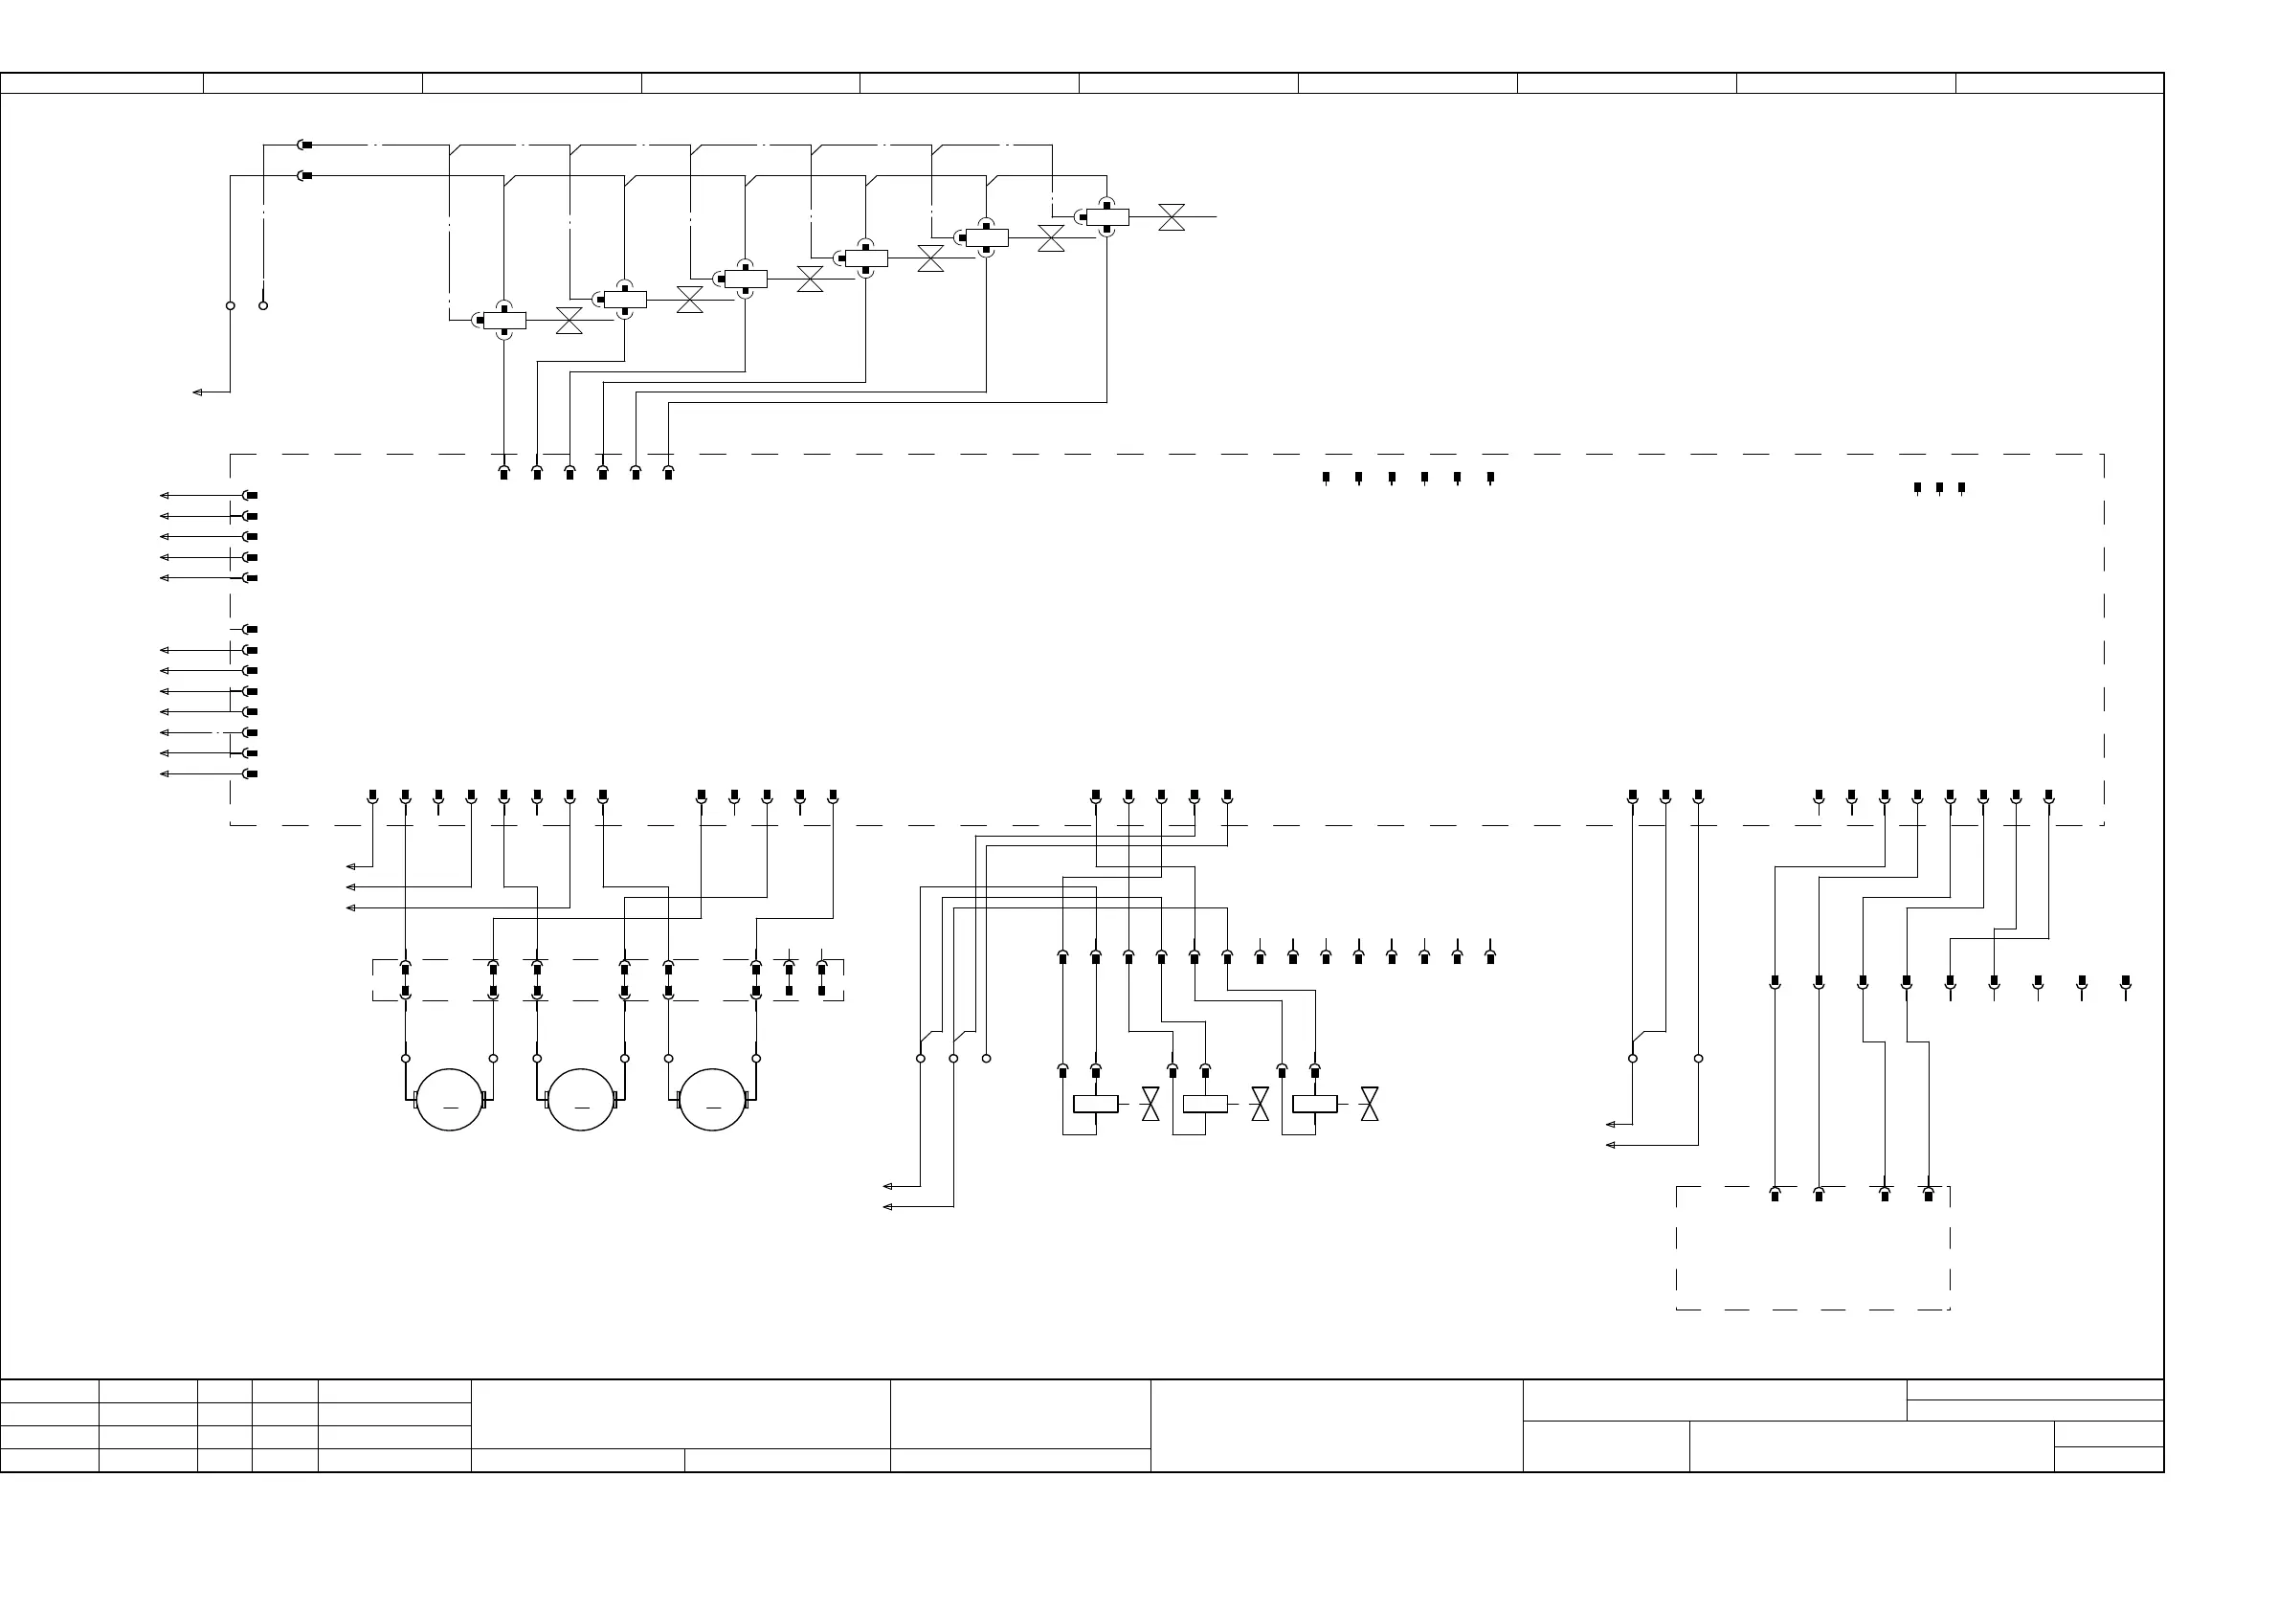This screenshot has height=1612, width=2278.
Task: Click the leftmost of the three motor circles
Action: pyautogui.click(x=449, y=1100)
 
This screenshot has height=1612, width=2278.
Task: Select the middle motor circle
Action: pyautogui.click(x=581, y=1100)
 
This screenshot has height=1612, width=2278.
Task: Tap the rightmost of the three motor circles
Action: pyautogui.click(x=712, y=1100)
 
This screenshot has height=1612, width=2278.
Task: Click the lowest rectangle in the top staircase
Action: pyautogui.click(x=504, y=321)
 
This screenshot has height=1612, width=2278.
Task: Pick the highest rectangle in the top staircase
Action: pyautogui.click(x=1106, y=217)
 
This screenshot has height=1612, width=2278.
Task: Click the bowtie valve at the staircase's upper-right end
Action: pyautogui.click(x=1172, y=217)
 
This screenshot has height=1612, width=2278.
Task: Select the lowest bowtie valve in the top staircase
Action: pyautogui.click(x=569, y=321)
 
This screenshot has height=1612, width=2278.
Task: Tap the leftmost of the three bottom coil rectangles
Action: pyautogui.click(x=1095, y=1104)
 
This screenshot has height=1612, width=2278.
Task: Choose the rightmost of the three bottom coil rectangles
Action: pyautogui.click(x=1314, y=1104)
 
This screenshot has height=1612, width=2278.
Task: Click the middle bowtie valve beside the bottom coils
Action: pyautogui.click(x=1260, y=1104)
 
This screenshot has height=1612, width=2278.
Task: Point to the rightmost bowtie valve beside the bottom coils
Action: pyautogui.click(x=1369, y=1104)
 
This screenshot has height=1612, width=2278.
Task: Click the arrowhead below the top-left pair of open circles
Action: pyautogui.click(x=197, y=392)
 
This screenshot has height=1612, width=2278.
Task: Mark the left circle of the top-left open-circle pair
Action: pyautogui.click(x=231, y=305)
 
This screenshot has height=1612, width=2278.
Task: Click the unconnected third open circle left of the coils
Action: pyautogui.click(x=986, y=1058)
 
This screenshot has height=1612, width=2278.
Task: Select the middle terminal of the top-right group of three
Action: pyautogui.click(x=1938, y=487)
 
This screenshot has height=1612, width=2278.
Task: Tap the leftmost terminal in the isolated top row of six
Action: pyautogui.click(x=1326, y=478)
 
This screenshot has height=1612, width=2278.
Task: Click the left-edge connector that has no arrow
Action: pyautogui.click(x=250, y=629)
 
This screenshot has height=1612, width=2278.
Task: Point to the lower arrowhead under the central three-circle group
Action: pyautogui.click(x=887, y=1206)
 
